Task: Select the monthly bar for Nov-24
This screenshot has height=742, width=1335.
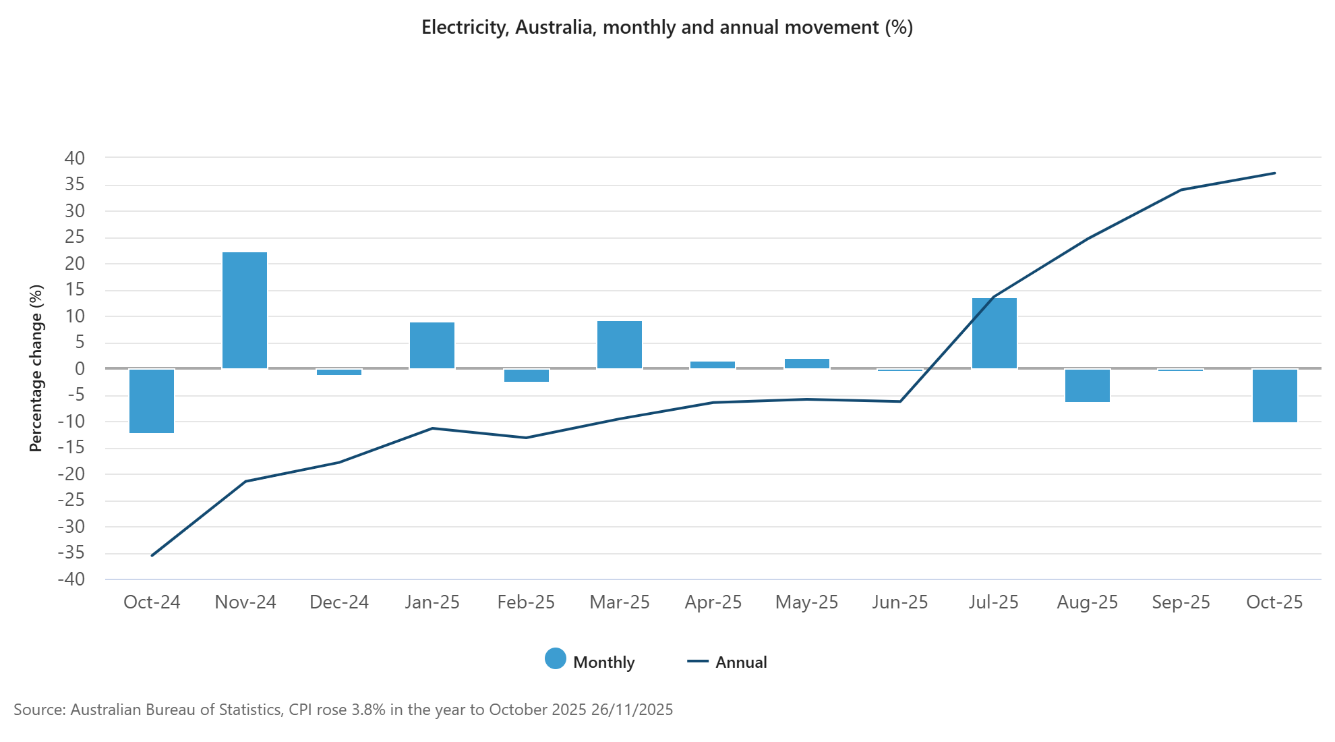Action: pos(245,310)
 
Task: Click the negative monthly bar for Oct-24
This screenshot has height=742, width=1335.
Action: pos(152,401)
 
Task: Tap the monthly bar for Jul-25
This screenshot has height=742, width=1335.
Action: pos(994,333)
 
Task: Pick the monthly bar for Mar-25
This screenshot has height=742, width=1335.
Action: pos(619,345)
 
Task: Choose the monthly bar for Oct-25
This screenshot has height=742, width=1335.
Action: pos(1274,395)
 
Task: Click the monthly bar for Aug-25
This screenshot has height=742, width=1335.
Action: pos(1087,385)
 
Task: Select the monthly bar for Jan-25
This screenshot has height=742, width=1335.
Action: pos(432,345)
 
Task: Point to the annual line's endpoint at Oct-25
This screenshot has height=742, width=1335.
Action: pos(1274,173)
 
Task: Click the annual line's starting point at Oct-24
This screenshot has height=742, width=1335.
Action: pos(152,555)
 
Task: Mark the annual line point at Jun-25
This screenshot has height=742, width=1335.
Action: pos(900,401)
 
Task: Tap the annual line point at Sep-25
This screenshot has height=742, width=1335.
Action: pos(1181,190)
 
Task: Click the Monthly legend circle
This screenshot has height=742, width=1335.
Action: pos(556,658)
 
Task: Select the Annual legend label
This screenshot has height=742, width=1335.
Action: pos(741,662)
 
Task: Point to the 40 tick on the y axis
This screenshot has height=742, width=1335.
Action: pos(75,159)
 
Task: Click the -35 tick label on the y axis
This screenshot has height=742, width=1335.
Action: pos(71,553)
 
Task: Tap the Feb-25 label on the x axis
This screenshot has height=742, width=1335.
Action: pos(526,602)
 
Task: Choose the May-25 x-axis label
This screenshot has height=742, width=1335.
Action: pos(806,602)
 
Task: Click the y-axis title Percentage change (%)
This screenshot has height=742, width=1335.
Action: pos(36,368)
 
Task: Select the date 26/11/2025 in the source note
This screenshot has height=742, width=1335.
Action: pos(632,710)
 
